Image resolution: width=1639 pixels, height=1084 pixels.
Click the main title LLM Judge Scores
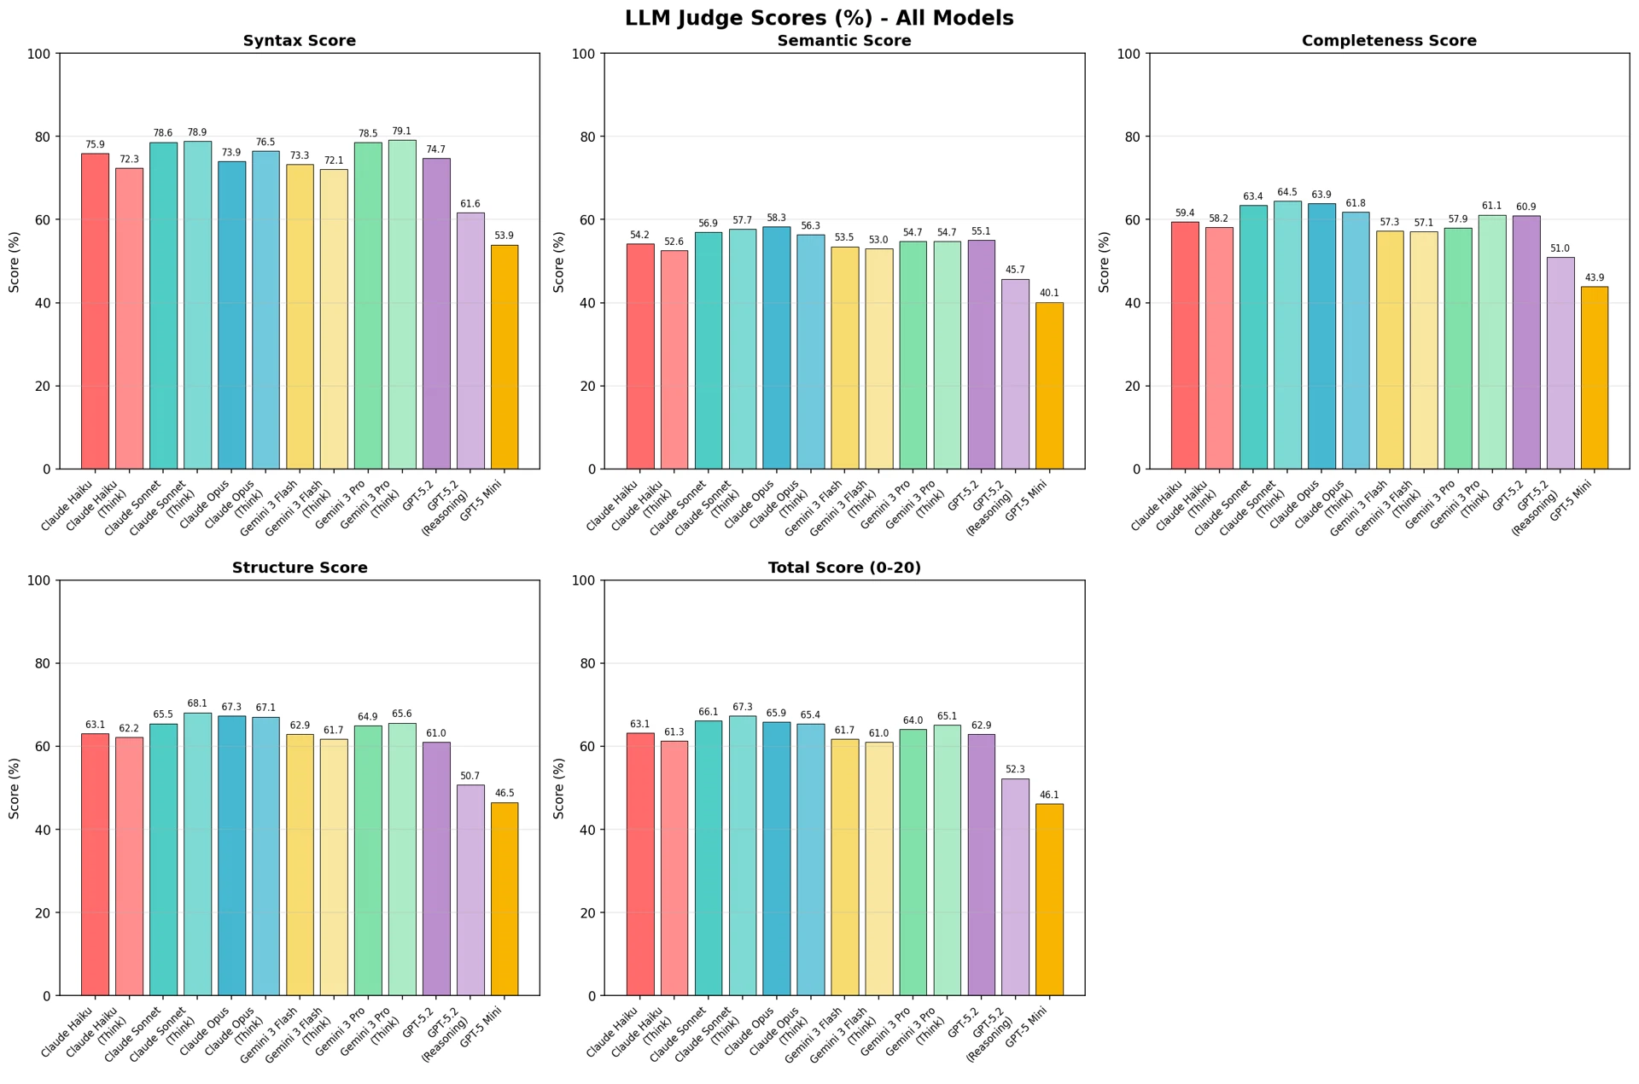(x=819, y=18)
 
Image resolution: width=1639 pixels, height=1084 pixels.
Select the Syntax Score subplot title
(x=300, y=41)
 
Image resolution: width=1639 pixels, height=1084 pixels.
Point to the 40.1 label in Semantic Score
(x=1049, y=294)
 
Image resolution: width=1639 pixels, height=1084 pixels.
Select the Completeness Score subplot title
(x=1389, y=41)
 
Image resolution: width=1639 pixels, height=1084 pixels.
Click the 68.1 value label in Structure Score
(x=197, y=704)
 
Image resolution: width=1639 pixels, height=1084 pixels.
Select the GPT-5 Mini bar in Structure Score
(x=505, y=899)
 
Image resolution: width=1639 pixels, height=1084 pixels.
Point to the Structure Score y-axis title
(x=15, y=788)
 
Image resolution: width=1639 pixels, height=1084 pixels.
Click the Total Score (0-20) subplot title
(x=844, y=568)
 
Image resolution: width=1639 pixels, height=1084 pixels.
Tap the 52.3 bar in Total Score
(x=1015, y=887)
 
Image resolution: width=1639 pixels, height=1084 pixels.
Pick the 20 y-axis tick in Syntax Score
(x=43, y=386)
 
